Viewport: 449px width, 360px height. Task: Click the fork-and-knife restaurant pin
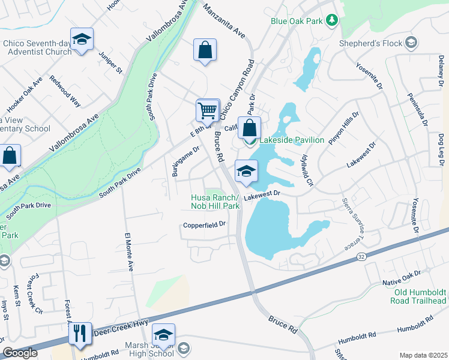coord(80,333)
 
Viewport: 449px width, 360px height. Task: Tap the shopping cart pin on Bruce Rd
coord(207,110)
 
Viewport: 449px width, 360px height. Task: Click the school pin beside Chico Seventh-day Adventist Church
coord(82,40)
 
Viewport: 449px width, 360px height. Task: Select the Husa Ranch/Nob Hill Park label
coord(215,202)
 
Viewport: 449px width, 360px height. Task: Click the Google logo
coord(20,353)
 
